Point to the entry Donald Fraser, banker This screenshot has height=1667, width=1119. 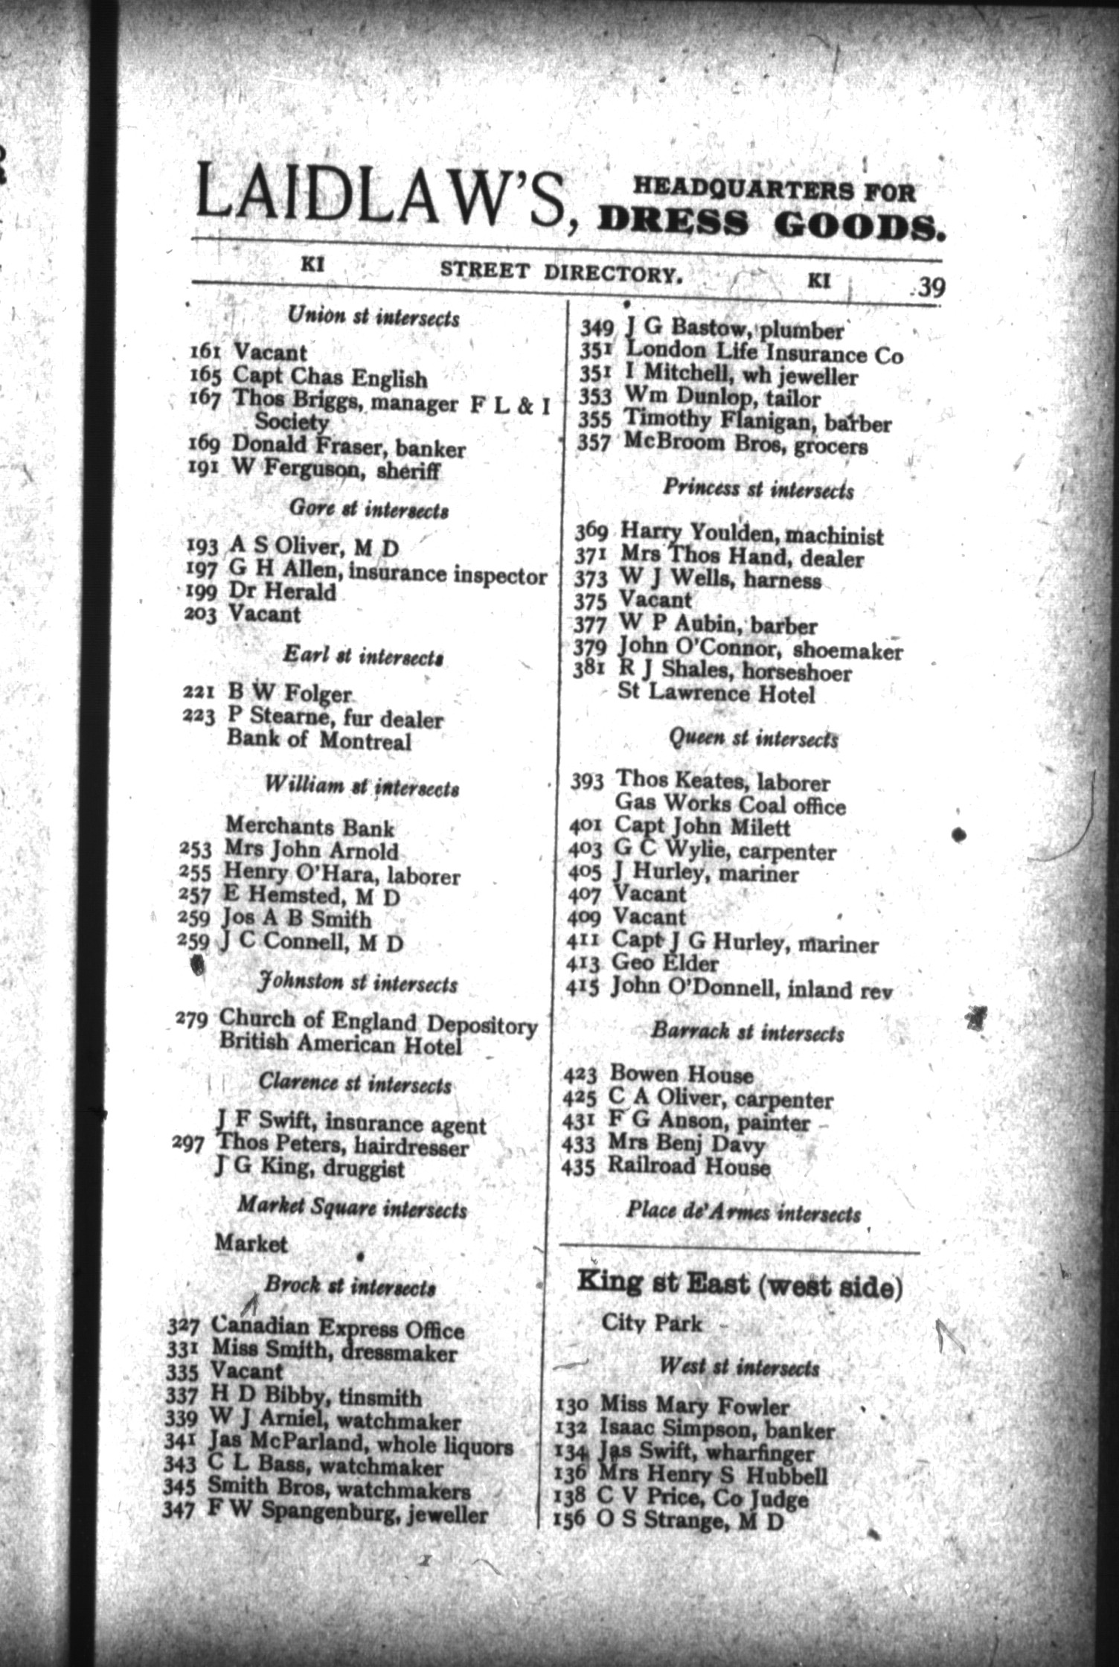(x=348, y=447)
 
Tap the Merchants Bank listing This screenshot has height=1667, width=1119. (x=310, y=827)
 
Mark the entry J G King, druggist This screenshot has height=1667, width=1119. (x=309, y=1169)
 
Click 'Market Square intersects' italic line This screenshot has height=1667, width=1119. (x=351, y=1209)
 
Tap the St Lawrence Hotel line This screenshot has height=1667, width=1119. (x=716, y=694)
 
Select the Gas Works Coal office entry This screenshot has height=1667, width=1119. (x=730, y=804)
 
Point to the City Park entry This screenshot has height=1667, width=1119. (x=651, y=1324)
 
